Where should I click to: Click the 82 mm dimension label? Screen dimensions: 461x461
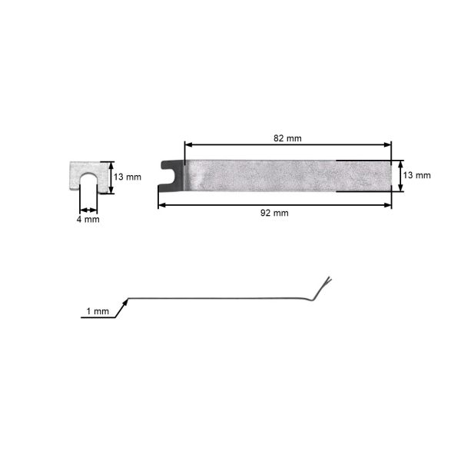(x=287, y=138)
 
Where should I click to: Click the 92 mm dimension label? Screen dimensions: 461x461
(x=274, y=213)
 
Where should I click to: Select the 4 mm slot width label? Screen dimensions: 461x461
(x=88, y=219)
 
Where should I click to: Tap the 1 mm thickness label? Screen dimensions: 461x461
(x=98, y=311)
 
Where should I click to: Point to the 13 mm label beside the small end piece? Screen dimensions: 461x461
(x=128, y=177)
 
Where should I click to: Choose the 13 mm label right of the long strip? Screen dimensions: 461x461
(x=416, y=175)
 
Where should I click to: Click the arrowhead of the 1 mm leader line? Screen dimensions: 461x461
(x=126, y=301)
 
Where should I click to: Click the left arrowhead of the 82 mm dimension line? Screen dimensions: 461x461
(x=188, y=144)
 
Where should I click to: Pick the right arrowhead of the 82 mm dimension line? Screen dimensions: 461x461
(x=387, y=144)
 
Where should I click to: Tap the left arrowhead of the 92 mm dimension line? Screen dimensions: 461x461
(x=162, y=205)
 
